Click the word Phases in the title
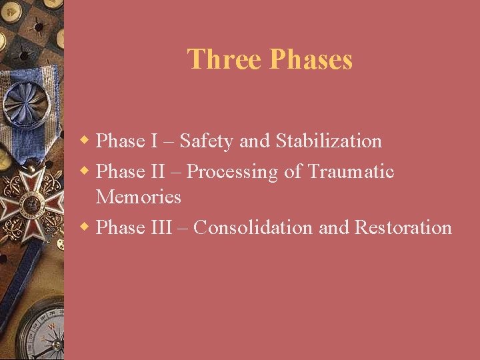click(311, 59)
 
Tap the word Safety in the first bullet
click(207, 141)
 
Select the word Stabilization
click(329, 141)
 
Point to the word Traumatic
click(351, 172)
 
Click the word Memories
click(138, 197)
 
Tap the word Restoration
click(403, 227)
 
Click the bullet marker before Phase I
click(85, 141)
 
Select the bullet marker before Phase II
click(85, 171)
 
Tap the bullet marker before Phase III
click(85, 227)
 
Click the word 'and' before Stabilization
click(254, 141)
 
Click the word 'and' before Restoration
click(334, 227)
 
